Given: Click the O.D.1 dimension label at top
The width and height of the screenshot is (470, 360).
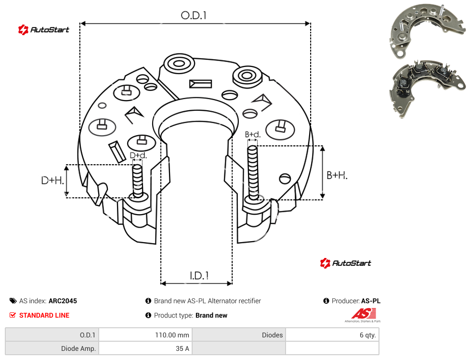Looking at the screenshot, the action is pos(194,15).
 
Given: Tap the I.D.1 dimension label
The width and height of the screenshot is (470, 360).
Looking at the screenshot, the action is pos(199,276).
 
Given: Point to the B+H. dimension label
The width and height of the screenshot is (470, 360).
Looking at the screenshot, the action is pos(337,175).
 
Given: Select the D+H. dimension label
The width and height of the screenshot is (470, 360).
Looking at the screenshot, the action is pos(52,180).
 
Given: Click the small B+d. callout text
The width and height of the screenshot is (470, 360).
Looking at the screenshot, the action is pos(253,134).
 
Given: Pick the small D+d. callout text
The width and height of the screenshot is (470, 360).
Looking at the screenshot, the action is pos(138,155).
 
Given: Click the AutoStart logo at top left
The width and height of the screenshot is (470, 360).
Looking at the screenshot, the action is pos(43,30).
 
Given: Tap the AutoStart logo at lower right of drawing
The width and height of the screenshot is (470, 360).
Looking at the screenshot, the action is pos(345,263).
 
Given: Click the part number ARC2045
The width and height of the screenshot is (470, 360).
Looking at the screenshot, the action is pos(63,301).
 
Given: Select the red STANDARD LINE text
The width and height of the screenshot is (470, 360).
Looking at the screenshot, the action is pos(44,315).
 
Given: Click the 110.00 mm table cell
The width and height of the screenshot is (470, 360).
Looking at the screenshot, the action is pos(145,335).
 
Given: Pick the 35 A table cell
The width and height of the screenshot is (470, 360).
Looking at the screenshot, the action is pos(145,348).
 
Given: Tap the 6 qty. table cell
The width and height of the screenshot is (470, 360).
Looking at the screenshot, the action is pos(332,335).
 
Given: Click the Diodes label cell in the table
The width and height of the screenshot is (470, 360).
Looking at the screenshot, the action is pos(239,335).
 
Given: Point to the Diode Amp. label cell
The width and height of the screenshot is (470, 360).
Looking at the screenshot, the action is pos(52,348).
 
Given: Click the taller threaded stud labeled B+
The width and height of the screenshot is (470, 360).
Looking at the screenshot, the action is pos(253,173).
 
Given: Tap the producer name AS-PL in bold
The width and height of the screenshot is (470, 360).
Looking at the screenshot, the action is pos(371,301).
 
